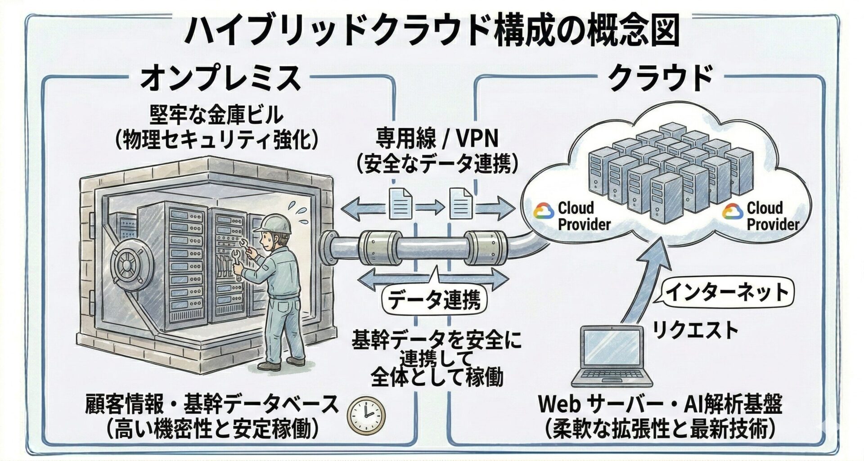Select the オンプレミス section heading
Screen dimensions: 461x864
point(220,77)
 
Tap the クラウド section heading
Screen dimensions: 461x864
point(660,77)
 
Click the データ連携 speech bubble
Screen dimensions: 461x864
point(433,299)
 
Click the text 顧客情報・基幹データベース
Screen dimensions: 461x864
point(211,404)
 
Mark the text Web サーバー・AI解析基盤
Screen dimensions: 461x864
point(660,404)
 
